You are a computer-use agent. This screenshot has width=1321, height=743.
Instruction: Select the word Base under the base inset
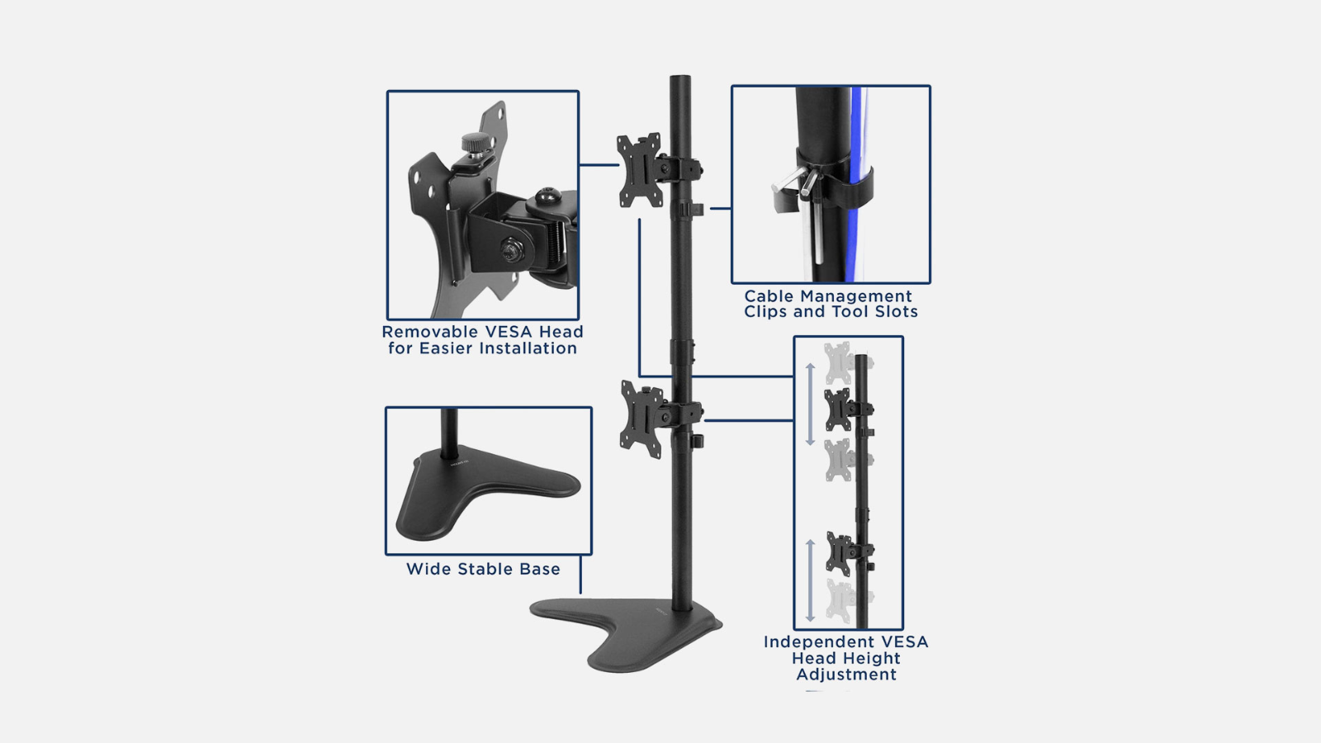point(540,569)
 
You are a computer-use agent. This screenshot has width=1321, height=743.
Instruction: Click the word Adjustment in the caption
point(846,674)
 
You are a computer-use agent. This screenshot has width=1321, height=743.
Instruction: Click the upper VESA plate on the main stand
point(639,170)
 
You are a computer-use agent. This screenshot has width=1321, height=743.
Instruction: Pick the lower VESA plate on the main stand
point(642,419)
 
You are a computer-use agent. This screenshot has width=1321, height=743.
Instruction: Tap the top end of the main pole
point(680,77)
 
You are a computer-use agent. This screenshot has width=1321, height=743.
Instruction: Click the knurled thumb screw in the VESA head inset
point(471,142)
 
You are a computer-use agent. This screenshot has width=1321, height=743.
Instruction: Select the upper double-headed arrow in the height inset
point(810,404)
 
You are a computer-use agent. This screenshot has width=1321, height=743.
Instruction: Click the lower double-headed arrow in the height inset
point(810,580)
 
